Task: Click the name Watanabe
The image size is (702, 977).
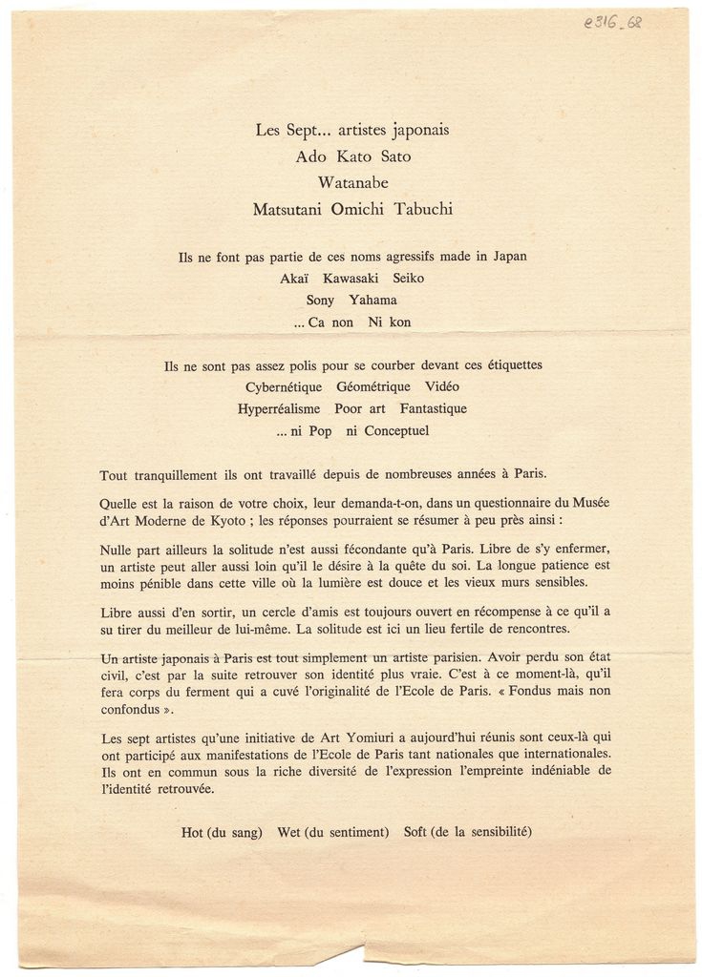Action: (x=351, y=182)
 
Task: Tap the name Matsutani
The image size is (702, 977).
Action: (x=286, y=209)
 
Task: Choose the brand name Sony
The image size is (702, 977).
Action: (x=311, y=300)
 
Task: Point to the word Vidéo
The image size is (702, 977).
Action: (x=438, y=386)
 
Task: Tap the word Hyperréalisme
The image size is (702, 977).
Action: (x=279, y=408)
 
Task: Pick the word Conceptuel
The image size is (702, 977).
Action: (x=396, y=430)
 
